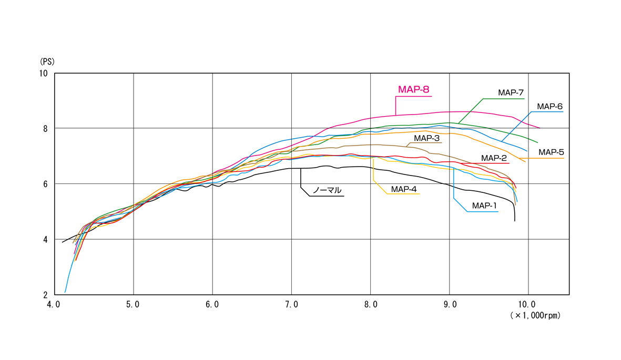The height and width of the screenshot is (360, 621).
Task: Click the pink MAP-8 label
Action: [x=414, y=90]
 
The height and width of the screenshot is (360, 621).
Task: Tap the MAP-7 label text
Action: [x=511, y=92]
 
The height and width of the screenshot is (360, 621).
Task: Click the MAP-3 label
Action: [x=426, y=138]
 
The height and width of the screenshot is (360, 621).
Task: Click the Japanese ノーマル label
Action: [x=327, y=190]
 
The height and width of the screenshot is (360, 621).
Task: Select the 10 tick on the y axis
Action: [x=44, y=73]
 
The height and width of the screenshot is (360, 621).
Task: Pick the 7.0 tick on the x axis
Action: [x=291, y=304]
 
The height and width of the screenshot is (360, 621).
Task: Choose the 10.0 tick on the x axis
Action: [x=528, y=304]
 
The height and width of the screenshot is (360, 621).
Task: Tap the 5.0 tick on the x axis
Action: [x=134, y=304]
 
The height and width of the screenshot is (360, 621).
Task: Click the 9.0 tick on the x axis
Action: [x=450, y=304]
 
